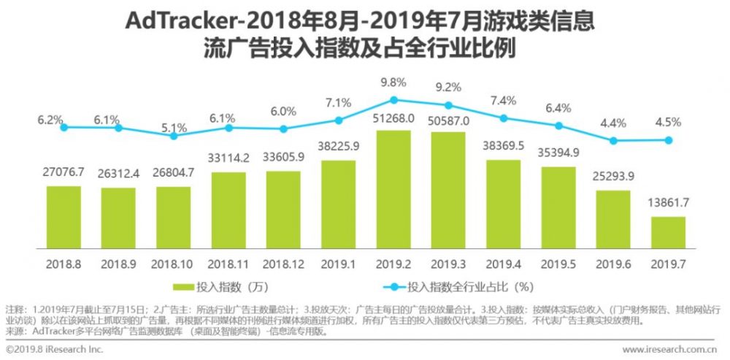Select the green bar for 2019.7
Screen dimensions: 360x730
tap(668, 233)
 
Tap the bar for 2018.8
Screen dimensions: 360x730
tap(64, 218)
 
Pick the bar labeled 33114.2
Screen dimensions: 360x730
tap(228, 211)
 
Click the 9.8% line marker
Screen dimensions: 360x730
tap(393, 100)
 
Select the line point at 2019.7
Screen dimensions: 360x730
tap(668, 140)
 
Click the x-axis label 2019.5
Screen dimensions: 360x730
tap(558, 261)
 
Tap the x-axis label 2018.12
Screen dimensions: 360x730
tap(283, 261)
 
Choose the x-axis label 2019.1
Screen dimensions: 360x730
tap(339, 261)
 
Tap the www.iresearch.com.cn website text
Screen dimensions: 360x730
tap(669, 350)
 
